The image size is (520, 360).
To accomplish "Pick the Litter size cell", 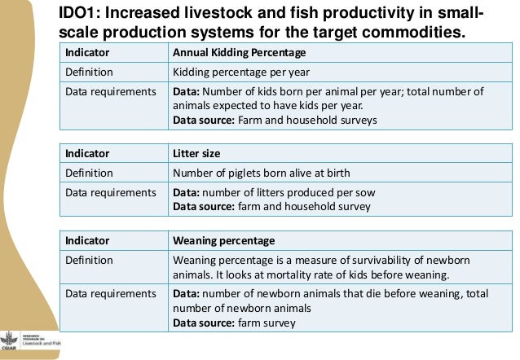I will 197,152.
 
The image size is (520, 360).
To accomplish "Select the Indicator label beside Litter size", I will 90,152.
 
